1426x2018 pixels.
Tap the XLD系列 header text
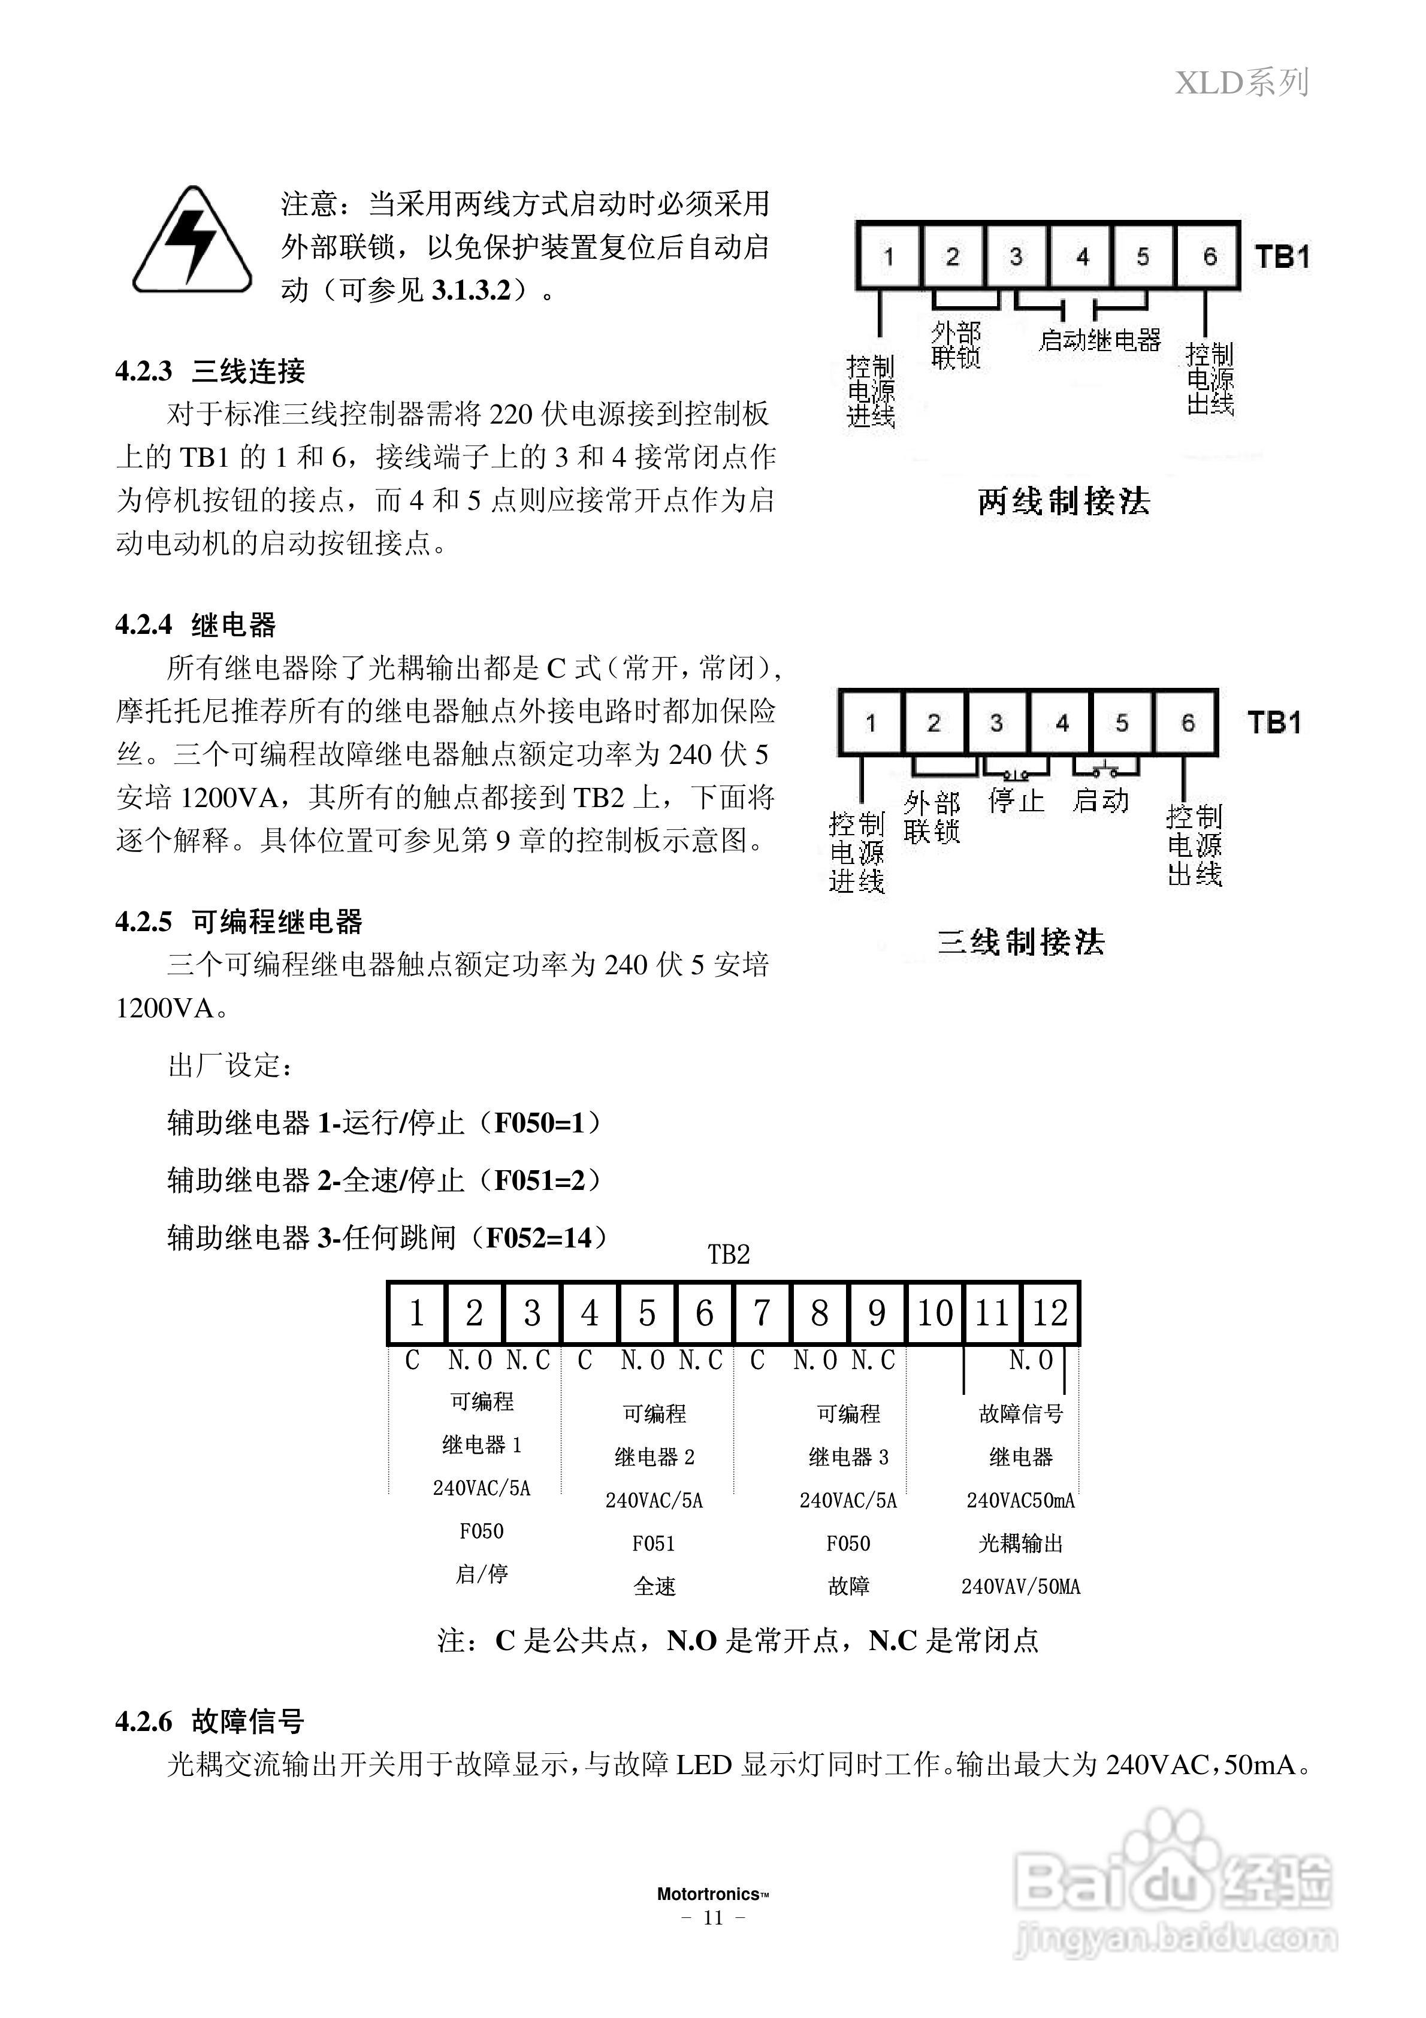(x=1241, y=83)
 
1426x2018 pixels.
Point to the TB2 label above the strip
(x=729, y=1255)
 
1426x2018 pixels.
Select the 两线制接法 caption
(x=1064, y=502)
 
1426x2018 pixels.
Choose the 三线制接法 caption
(x=1021, y=942)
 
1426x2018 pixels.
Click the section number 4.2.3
(x=143, y=371)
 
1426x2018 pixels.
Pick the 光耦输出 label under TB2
(x=1021, y=1543)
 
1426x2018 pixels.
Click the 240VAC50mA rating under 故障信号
(x=1021, y=1500)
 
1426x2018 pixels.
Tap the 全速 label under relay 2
(x=654, y=1587)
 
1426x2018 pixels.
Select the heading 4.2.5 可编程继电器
(x=238, y=922)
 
